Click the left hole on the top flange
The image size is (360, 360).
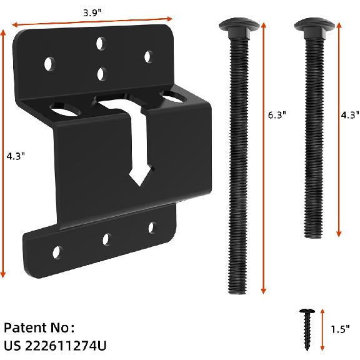click(x=48, y=63)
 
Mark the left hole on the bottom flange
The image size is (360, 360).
click(x=56, y=251)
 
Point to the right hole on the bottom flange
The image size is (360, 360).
click(x=152, y=229)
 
